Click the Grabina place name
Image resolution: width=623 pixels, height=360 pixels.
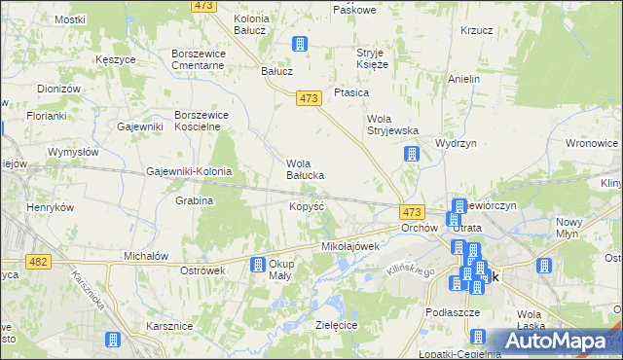point(195,200)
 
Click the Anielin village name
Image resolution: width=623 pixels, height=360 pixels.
point(464,79)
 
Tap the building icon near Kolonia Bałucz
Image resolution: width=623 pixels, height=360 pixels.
point(301,44)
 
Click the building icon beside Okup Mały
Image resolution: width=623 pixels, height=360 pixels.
point(258,265)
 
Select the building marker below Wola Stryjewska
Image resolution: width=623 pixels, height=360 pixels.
point(412,154)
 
